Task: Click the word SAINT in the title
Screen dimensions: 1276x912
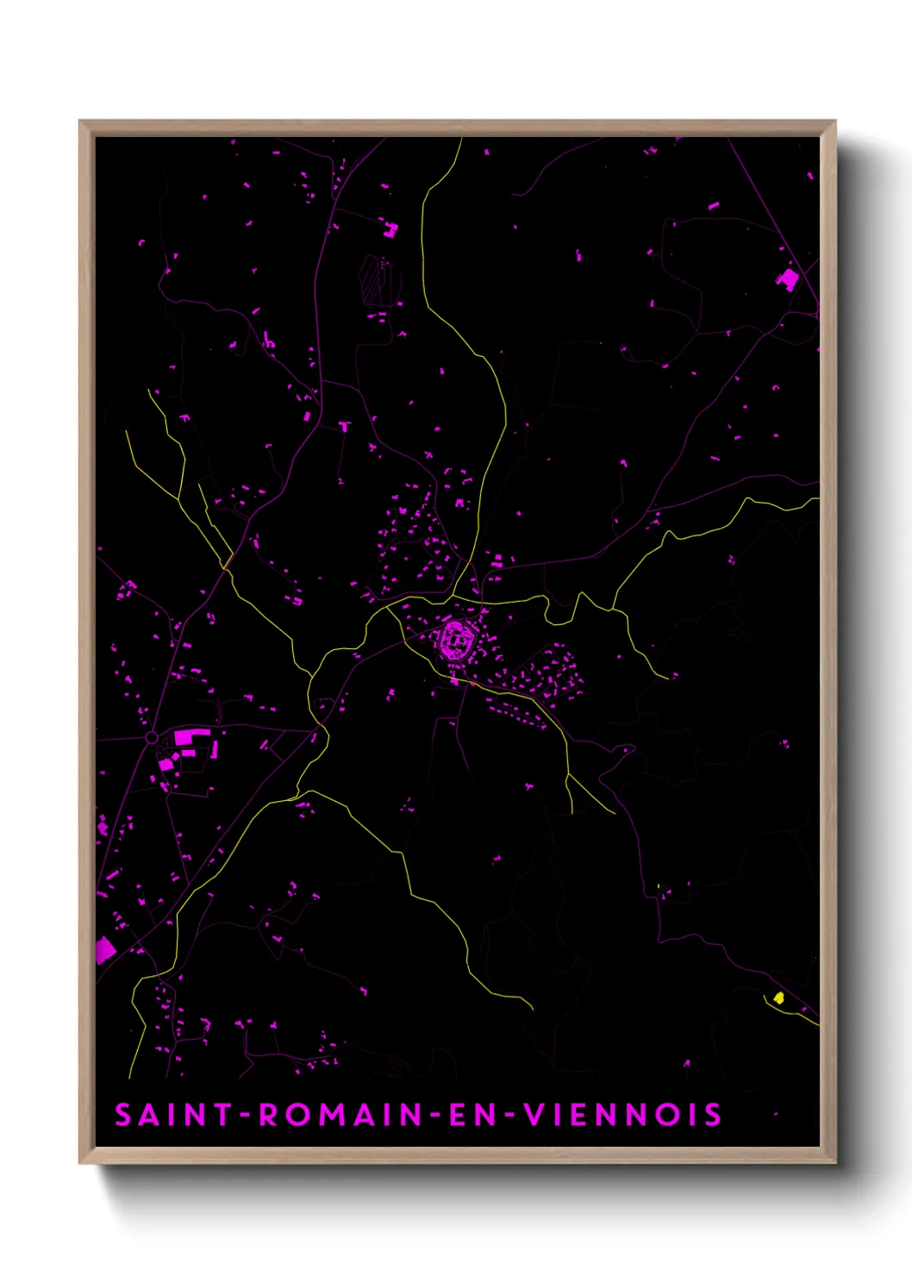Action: pyautogui.click(x=172, y=1115)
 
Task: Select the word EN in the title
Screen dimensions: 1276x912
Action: pyautogui.click(x=473, y=1115)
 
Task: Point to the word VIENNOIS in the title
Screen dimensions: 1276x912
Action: pyautogui.click(x=623, y=1115)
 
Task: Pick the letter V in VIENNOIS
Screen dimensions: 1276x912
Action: pyautogui.click(x=535, y=1115)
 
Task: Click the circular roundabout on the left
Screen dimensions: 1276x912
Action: pyautogui.click(x=152, y=738)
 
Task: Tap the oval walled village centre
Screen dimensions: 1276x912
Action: pyautogui.click(x=455, y=640)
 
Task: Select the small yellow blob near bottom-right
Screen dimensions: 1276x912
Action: pyautogui.click(x=779, y=998)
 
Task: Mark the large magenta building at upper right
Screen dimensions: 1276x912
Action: pyautogui.click(x=788, y=278)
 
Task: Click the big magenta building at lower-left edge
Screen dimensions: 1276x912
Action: pyautogui.click(x=104, y=950)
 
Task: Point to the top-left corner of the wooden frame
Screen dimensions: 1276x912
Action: pyautogui.click(x=80, y=122)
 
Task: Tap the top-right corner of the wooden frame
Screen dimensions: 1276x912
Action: pyautogui.click(x=834, y=122)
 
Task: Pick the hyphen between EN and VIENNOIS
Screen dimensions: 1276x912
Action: pyautogui.click(x=510, y=1116)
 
